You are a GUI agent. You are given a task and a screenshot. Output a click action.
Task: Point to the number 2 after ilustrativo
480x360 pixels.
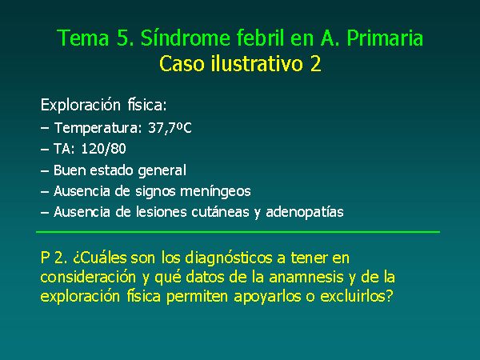click(316, 64)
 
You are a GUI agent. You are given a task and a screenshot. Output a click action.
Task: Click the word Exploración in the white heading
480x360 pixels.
click(81, 105)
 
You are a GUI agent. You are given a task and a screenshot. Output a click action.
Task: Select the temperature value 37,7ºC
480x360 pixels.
click(170, 128)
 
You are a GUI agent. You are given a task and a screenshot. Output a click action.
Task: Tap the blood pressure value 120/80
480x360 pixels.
click(103, 149)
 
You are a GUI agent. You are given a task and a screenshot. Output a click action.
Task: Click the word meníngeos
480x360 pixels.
click(215, 192)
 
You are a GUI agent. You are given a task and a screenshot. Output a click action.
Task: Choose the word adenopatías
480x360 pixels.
click(305, 212)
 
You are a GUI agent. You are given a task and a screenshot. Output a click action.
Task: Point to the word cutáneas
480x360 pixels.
click(220, 212)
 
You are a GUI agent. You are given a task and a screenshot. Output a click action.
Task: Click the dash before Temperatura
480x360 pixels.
click(45, 128)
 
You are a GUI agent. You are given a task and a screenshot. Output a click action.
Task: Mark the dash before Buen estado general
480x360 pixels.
click(45, 171)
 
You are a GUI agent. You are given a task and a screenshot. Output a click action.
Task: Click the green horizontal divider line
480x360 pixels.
click(238, 232)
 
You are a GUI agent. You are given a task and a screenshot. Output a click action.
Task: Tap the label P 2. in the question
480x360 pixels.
click(54, 258)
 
